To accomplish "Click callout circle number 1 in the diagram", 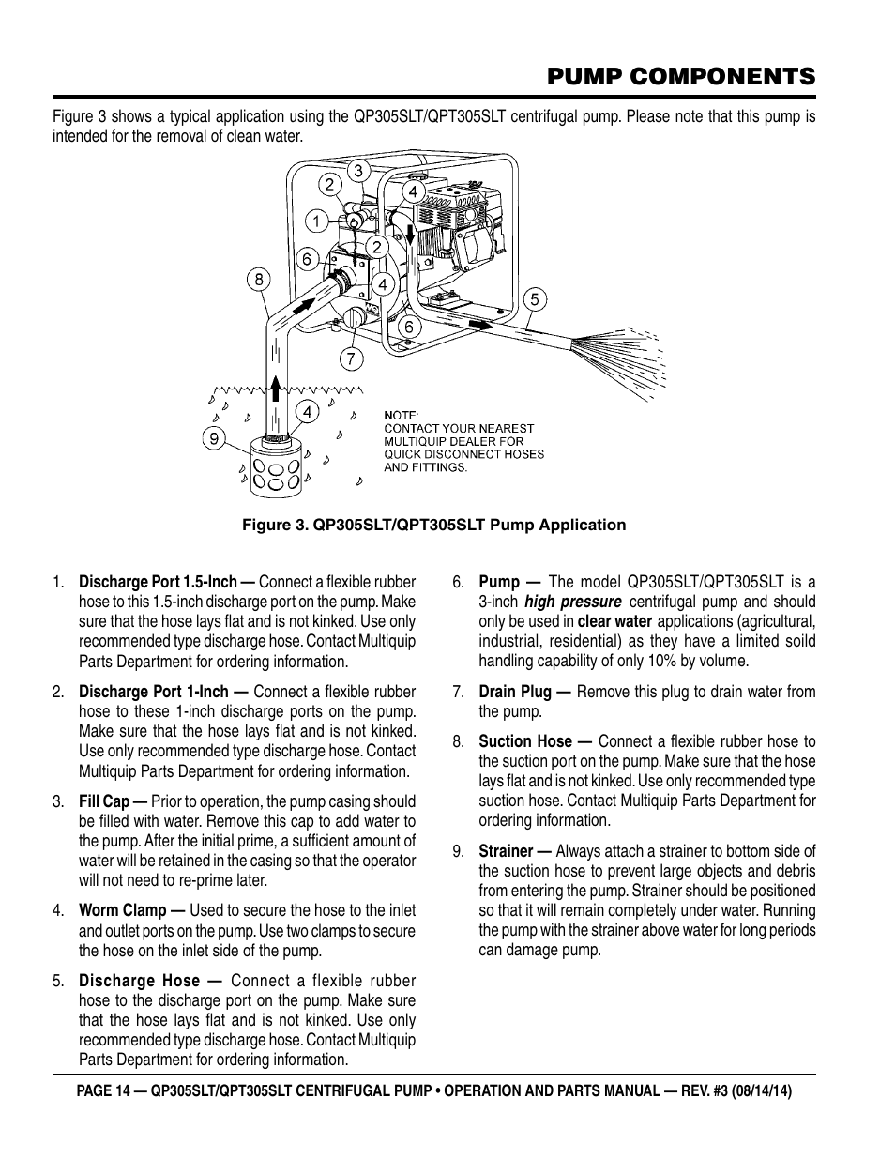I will click(x=316, y=221).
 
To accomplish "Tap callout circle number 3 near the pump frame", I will click(x=357, y=171).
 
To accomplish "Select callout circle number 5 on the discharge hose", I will click(x=534, y=299).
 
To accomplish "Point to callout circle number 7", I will click(x=350, y=358).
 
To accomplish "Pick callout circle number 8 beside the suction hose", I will click(x=259, y=278).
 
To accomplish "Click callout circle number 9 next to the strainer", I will click(x=215, y=436).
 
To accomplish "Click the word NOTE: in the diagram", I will click(x=402, y=415).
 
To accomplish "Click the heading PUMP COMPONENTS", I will click(x=680, y=75).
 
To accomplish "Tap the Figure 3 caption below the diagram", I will click(x=433, y=525).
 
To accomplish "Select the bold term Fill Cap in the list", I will click(x=113, y=801).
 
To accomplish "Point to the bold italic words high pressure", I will click(x=572, y=602).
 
